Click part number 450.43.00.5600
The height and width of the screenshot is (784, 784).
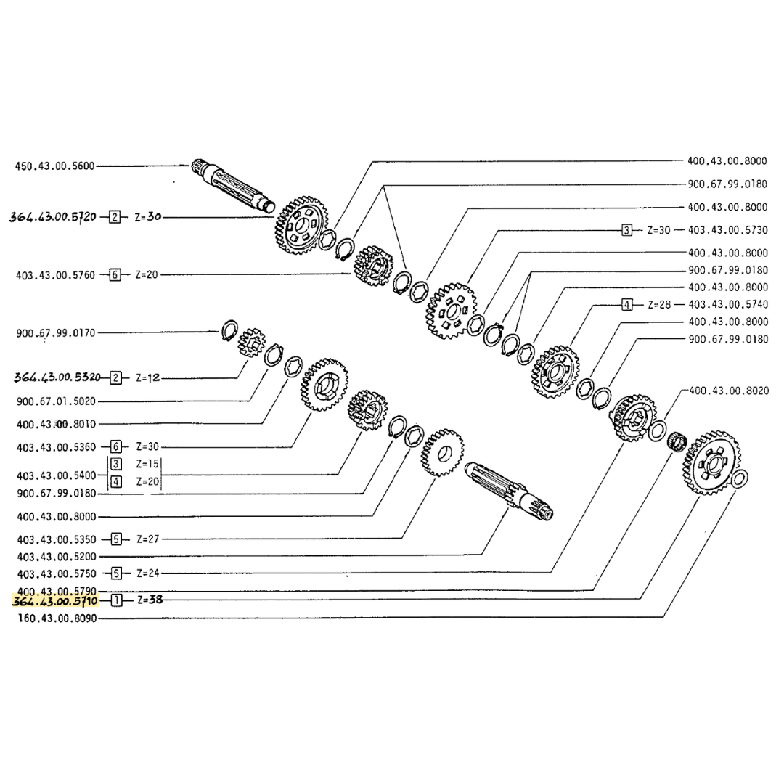click(x=55, y=166)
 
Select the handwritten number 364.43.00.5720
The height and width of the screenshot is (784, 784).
click(x=54, y=216)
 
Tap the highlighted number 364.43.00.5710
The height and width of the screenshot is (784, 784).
click(x=54, y=601)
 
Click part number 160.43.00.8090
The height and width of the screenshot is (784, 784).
click(x=55, y=618)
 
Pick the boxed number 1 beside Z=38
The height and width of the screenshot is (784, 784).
click(x=116, y=601)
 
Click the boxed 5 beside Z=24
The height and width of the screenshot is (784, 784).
click(x=116, y=573)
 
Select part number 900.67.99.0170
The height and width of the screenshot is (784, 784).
click(x=55, y=333)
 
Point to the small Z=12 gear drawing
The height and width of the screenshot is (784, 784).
click(x=252, y=341)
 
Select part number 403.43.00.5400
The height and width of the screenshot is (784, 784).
click(x=55, y=475)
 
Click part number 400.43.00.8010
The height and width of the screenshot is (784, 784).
click(x=55, y=423)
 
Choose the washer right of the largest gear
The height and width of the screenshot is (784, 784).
click(x=740, y=478)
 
